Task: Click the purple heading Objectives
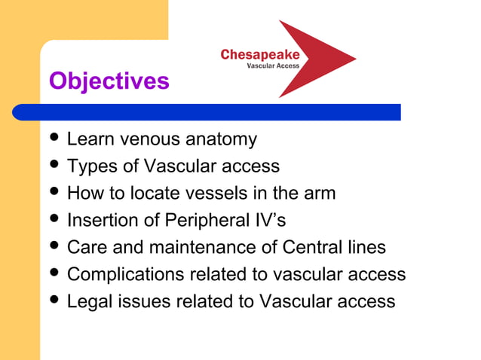[x=109, y=81]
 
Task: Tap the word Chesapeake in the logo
[x=260, y=54]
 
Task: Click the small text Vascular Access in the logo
[x=273, y=66]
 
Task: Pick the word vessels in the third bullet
[x=210, y=193]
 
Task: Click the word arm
[x=319, y=193]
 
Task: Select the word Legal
[x=87, y=301]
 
